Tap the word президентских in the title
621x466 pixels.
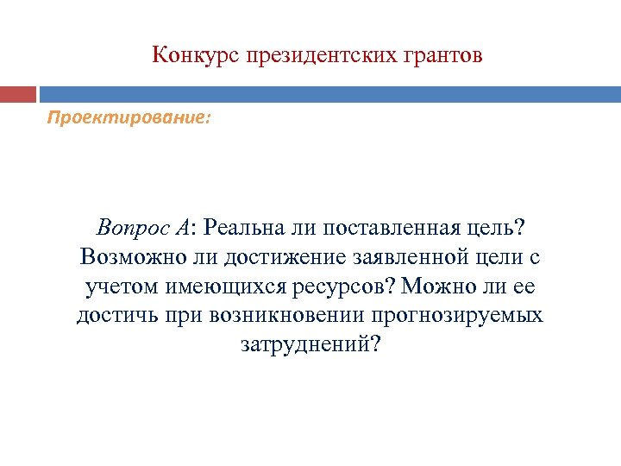click(x=323, y=55)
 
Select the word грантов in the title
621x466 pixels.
click(x=445, y=55)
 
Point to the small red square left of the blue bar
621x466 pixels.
click(x=18, y=93)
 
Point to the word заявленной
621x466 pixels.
click(x=413, y=256)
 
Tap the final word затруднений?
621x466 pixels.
click(x=310, y=343)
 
